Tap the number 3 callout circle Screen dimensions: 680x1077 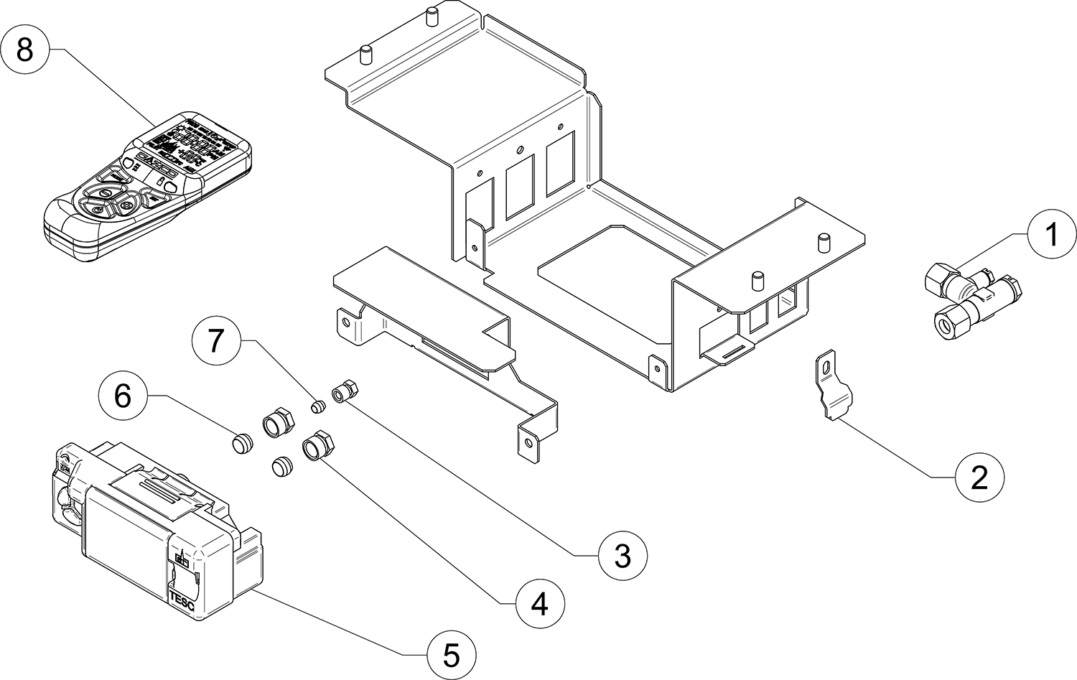point(623,554)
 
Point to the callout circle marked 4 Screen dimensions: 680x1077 point(540,604)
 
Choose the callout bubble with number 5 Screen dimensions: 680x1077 point(451,653)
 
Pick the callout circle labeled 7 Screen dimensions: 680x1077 point(216,342)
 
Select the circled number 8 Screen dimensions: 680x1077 point(24,50)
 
